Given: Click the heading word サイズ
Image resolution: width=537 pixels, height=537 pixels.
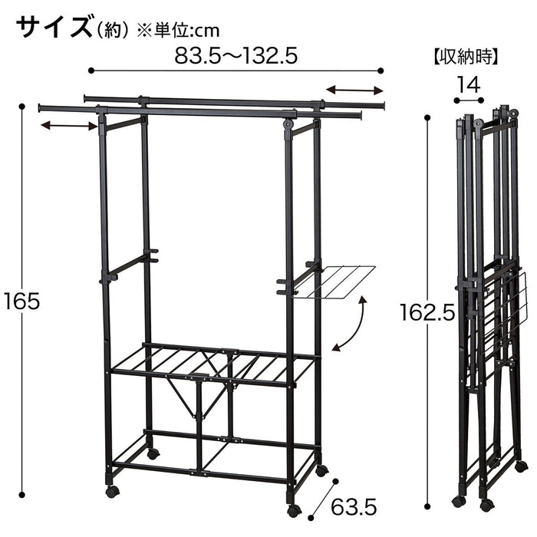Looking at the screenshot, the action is click(54, 28).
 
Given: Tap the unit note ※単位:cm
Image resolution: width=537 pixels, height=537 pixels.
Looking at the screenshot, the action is click(178, 31).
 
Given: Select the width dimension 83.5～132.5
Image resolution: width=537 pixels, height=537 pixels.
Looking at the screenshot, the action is click(236, 56).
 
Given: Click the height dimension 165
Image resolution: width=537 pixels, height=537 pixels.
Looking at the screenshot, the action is click(22, 301).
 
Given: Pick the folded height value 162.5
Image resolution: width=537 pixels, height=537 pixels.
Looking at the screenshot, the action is click(427, 312).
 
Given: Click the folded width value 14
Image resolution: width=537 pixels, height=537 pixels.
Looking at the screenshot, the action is click(469, 85).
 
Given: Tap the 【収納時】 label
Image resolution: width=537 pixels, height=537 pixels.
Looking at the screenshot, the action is click(466, 57).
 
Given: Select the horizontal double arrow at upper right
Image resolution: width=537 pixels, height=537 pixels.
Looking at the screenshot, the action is click(354, 91).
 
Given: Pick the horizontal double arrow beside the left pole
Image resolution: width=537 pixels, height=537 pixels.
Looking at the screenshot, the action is click(69, 126).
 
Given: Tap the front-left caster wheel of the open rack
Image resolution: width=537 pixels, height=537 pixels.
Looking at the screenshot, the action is click(112, 492).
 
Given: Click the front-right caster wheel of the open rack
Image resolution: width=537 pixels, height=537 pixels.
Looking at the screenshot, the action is click(294, 511).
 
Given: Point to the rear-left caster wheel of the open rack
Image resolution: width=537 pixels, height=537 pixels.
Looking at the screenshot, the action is click(153, 453).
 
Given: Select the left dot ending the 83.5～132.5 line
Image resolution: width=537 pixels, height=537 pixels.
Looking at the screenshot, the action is click(91, 71).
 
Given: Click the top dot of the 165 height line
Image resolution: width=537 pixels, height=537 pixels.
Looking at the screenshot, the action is click(22, 107).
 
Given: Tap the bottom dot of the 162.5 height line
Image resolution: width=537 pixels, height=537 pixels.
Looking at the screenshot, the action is click(427, 506).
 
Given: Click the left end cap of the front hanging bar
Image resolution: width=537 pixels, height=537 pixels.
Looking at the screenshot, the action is click(41, 108).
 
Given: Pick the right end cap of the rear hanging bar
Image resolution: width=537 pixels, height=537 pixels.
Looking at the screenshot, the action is click(383, 105).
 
